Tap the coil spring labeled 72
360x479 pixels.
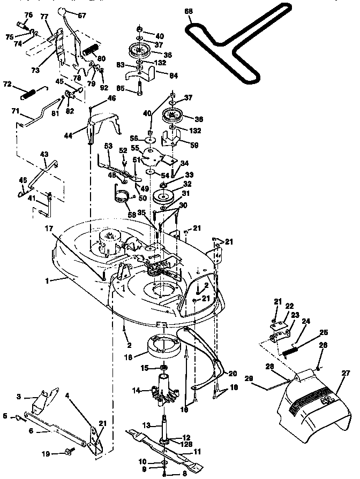tap(27, 94)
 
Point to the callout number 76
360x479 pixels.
tap(28, 14)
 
